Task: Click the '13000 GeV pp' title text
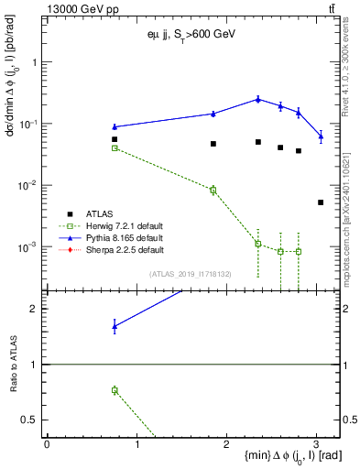(x=76, y=8)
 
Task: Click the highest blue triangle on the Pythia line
(x=258, y=99)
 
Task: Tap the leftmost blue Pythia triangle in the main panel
(x=115, y=126)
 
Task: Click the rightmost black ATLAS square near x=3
(x=320, y=202)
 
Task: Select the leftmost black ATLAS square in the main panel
(x=115, y=139)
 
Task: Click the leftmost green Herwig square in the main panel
(x=115, y=147)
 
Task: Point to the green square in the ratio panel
(x=115, y=390)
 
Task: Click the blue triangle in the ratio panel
(x=115, y=326)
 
